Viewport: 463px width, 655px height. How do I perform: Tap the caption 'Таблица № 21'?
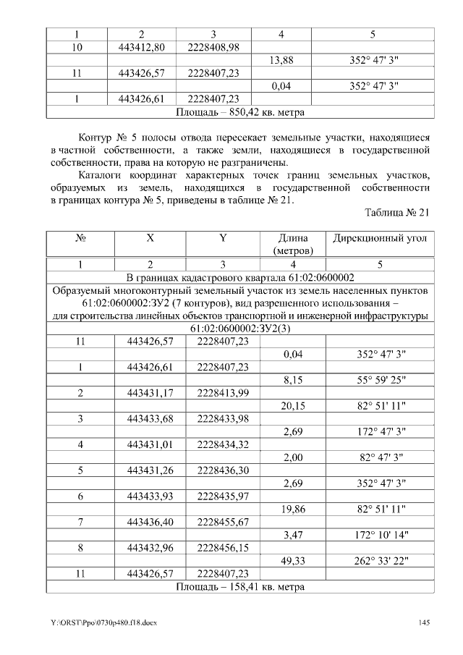coord(396,212)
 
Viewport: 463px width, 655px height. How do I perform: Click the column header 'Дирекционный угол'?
coord(380,238)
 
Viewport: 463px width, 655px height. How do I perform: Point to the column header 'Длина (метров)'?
coord(293,244)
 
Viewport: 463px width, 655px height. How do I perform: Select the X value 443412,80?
coord(141,47)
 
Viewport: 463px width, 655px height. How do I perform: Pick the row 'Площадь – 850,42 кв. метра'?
coord(239,112)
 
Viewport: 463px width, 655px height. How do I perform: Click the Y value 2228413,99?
coord(223,392)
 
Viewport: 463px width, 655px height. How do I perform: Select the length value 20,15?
coord(292,406)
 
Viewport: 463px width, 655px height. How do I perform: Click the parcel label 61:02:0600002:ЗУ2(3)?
coord(239,328)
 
